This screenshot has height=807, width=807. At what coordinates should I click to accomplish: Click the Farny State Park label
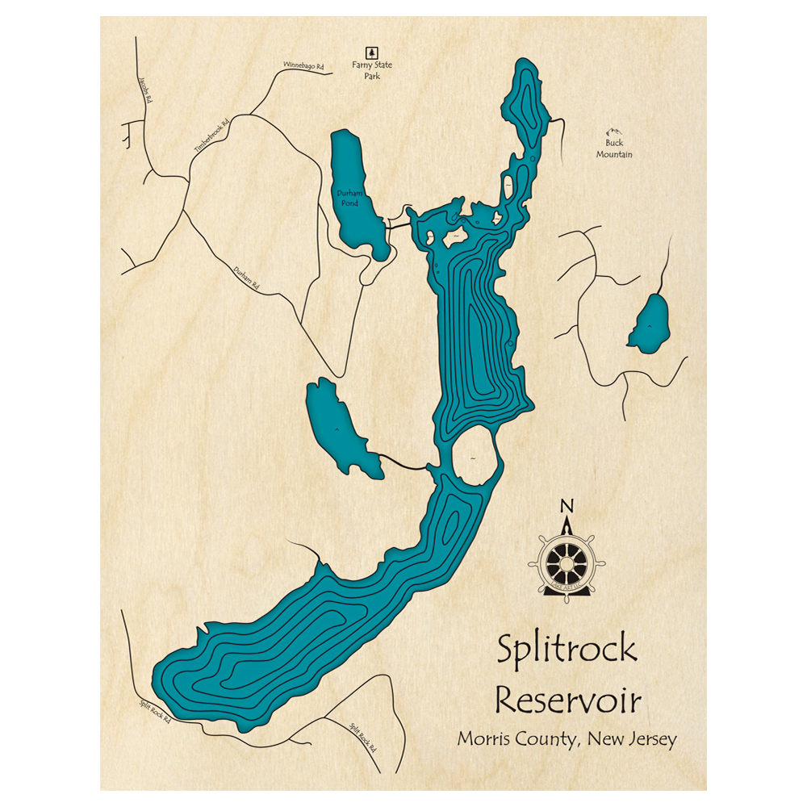372,70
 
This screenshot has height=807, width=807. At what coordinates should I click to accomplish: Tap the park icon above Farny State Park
372,50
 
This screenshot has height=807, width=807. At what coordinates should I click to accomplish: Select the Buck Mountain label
614,148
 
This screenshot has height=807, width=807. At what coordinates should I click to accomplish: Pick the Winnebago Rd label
303,65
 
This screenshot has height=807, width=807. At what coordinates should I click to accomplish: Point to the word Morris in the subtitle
485,739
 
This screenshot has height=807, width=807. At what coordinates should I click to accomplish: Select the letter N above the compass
567,507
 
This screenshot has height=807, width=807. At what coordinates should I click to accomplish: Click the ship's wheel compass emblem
567,560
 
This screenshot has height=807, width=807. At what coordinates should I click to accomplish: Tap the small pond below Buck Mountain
648,324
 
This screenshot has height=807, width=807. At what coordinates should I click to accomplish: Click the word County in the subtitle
550,740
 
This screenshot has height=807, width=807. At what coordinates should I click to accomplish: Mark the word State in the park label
379,65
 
